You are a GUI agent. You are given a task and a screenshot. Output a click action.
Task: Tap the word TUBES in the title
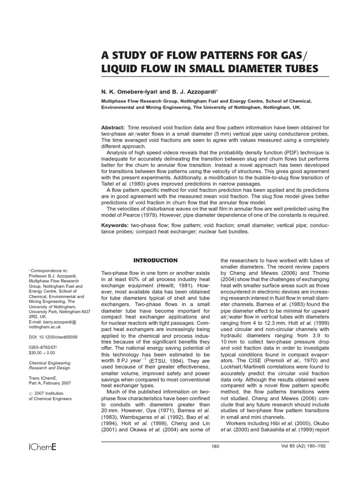pos(296,68)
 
